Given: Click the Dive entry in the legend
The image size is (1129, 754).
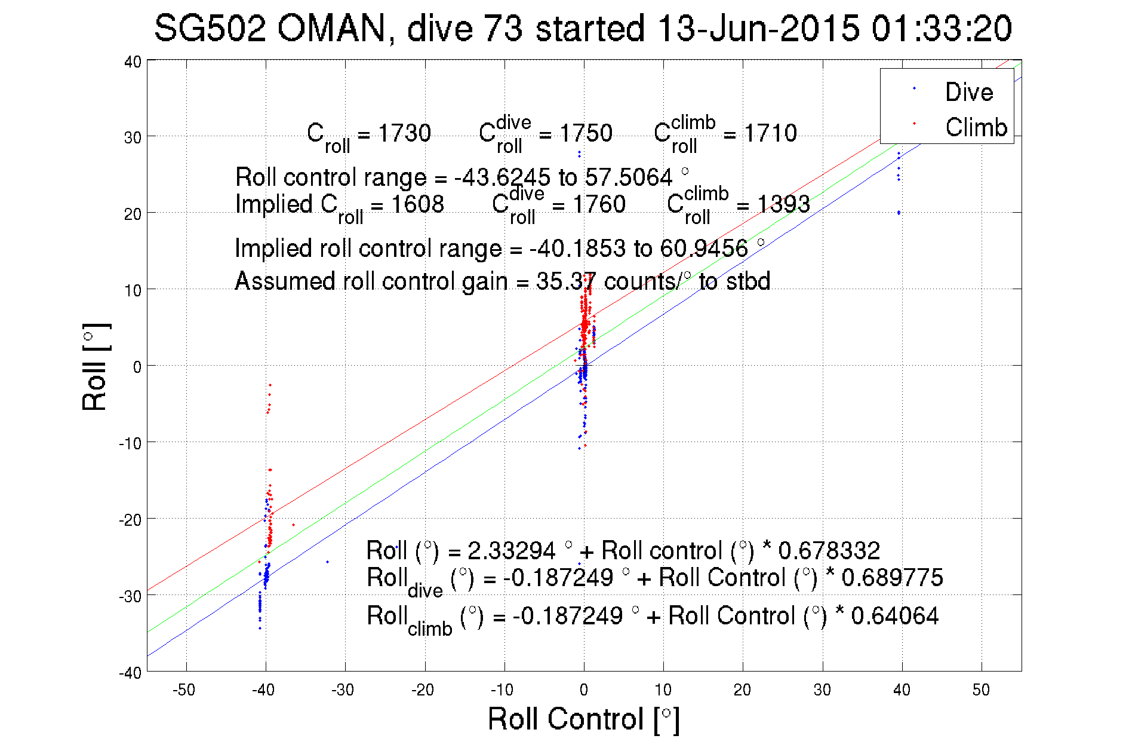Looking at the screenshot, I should point(968,92).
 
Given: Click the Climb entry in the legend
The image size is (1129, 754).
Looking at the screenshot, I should point(976,127).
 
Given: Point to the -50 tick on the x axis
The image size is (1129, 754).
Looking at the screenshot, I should point(184,690).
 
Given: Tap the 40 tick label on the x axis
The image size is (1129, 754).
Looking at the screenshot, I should point(902,690).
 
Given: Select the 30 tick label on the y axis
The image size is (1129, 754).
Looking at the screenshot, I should point(133,137).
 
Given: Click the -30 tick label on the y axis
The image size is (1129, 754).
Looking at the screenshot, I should point(130,596).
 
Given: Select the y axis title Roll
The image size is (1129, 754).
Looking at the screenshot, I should point(96,367).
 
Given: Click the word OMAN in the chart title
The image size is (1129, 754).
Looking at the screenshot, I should point(332,28).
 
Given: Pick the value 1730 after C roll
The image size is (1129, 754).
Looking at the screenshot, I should point(404,133).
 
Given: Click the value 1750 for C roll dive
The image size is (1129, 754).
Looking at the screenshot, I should point(586,133).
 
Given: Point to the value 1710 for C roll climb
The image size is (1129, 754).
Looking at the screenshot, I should point(770,133).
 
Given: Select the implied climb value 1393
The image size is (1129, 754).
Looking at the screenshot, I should point(783,204).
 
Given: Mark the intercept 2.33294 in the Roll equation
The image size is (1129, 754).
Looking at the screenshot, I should point(511,550).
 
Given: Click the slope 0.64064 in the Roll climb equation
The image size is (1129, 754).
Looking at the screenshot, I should point(894,616).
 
